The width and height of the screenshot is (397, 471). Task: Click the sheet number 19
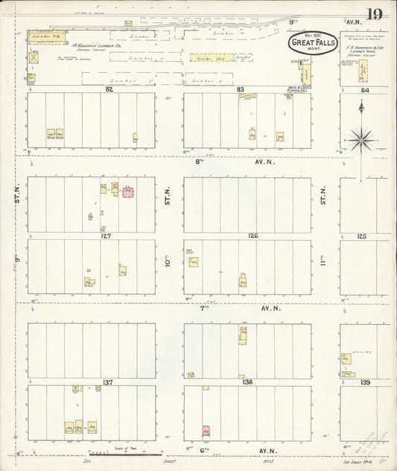375,14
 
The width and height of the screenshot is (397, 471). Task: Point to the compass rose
363,139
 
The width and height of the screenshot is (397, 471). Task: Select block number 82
109,89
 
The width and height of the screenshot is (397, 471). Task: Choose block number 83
240,89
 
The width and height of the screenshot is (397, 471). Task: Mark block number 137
107,382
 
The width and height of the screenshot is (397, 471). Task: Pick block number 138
247,382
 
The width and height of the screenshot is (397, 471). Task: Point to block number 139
365,382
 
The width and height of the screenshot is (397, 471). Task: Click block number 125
362,235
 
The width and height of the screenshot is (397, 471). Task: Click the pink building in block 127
127,192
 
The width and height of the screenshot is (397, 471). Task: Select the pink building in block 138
206,430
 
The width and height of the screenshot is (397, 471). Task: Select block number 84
365,90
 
